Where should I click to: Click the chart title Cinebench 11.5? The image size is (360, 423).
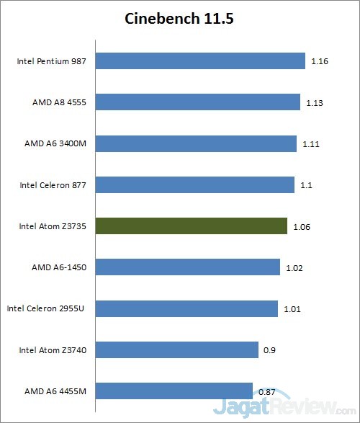179,18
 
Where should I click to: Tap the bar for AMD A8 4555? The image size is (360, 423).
197,102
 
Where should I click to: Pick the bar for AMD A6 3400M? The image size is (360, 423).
195,143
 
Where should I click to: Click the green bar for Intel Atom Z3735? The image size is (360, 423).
191,226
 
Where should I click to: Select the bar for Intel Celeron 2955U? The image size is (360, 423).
186,309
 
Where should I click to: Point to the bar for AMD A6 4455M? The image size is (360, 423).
173,391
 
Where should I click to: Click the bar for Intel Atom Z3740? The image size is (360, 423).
176,350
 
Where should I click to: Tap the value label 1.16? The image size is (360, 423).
320,62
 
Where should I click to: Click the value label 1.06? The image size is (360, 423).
302,227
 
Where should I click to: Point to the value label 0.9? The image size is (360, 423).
269,351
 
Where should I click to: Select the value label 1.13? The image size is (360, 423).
315,103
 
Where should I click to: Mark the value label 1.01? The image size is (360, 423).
292,310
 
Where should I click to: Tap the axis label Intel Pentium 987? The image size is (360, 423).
52,61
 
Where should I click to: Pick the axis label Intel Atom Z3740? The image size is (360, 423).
53,350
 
